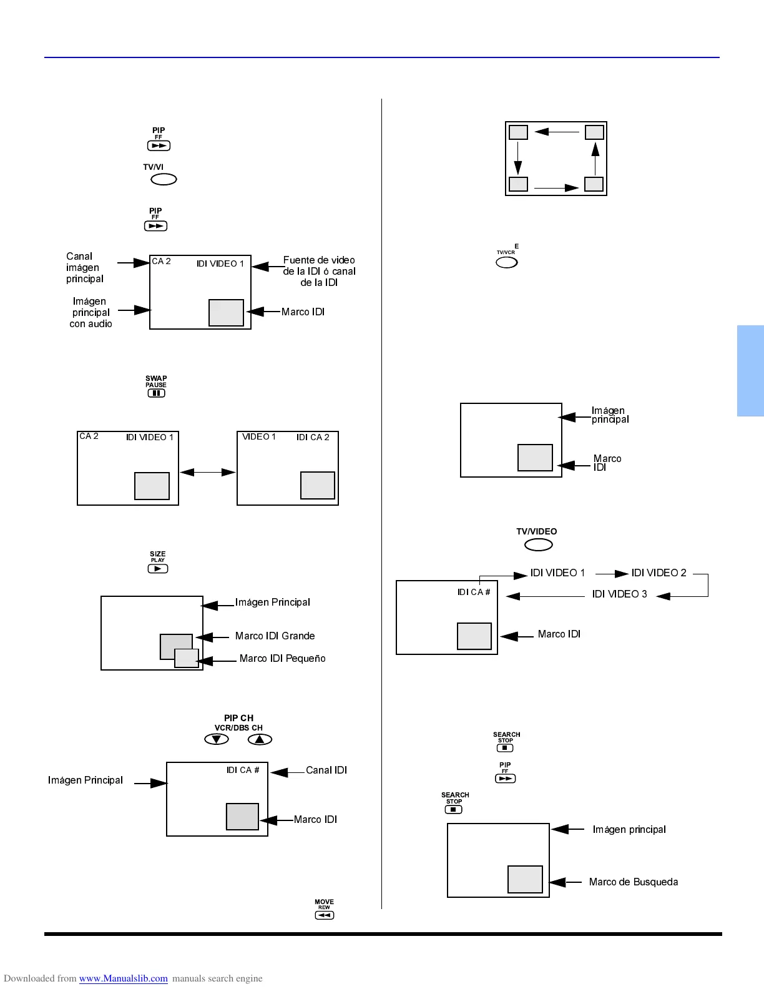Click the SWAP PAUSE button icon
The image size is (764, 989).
point(156,393)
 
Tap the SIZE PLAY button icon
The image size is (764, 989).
point(158,568)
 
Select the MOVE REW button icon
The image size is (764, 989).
point(325,915)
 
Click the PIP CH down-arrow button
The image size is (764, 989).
point(217,739)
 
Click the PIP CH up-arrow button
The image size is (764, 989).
point(260,739)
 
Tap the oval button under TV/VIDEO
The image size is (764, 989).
point(538,545)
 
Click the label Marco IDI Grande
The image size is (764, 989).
point(275,636)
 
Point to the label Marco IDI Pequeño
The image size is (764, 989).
point(282,658)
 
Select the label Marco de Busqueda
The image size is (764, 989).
point(633,882)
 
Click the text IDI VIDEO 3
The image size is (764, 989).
point(619,594)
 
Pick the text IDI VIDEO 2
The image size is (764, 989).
point(659,573)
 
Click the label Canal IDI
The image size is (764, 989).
point(326,770)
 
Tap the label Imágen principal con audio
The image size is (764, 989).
point(91,312)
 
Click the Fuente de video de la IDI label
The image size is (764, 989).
point(319,271)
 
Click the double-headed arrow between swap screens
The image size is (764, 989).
point(208,472)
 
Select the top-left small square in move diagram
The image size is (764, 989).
point(518,132)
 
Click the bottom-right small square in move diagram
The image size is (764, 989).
point(594,184)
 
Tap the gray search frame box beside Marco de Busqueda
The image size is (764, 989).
point(525,879)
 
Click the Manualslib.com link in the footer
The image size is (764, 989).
point(124,978)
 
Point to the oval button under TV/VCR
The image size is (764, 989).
point(506,263)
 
